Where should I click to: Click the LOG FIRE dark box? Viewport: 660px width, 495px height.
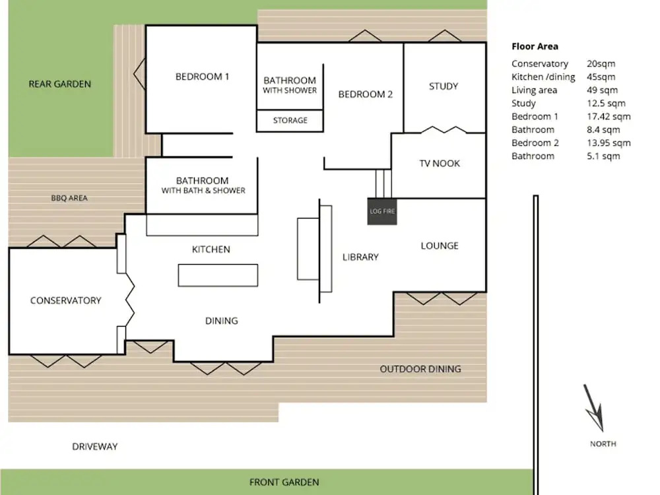[382, 211]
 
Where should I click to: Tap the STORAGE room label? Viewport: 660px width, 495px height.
[290, 120]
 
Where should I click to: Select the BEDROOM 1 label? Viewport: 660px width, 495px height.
[202, 77]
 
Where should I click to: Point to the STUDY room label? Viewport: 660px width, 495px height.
[444, 86]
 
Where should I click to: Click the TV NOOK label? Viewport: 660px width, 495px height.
[440, 163]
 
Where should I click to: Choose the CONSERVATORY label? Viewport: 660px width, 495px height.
[65, 300]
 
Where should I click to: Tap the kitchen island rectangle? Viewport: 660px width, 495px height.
[218, 275]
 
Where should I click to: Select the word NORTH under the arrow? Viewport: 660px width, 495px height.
[603, 444]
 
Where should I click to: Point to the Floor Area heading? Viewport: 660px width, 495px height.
[535, 46]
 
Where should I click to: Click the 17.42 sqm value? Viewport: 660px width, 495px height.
[609, 117]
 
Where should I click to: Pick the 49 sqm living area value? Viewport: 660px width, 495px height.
[603, 90]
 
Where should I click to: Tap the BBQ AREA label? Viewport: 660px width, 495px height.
[69, 198]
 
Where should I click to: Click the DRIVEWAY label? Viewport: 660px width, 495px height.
[94, 447]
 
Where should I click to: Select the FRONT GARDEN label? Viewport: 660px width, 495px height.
[284, 482]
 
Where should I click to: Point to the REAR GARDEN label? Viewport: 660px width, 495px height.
[60, 84]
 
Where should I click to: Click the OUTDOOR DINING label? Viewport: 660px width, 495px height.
[420, 369]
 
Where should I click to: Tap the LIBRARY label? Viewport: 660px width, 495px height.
[360, 257]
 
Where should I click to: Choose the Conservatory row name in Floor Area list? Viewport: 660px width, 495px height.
[540, 63]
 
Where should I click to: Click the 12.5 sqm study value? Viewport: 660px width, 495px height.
[606, 103]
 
